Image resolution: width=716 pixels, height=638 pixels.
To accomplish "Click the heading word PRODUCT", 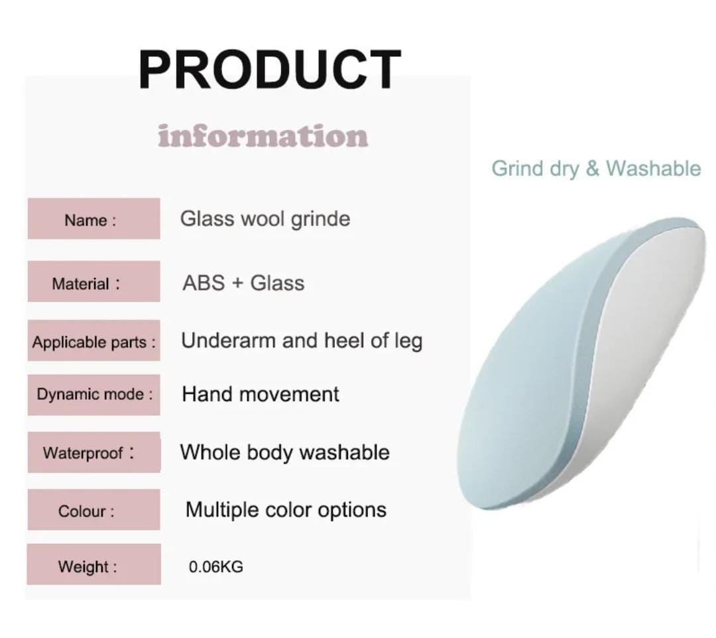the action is pyautogui.click(x=270, y=69).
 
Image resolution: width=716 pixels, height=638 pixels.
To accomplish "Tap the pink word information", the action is pyautogui.click(x=263, y=136).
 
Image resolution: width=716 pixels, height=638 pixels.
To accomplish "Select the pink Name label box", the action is pyautogui.click(x=94, y=219).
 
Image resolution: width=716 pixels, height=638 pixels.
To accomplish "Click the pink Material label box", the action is pyautogui.click(x=94, y=281).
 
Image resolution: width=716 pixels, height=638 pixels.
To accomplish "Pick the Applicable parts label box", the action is pyautogui.click(x=94, y=341).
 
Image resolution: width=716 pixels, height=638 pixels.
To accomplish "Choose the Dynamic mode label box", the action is pyautogui.click(x=94, y=395).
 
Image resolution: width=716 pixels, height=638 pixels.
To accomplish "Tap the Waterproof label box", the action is pyautogui.click(x=94, y=452).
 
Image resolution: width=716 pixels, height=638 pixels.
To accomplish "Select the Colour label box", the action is pyautogui.click(x=94, y=509).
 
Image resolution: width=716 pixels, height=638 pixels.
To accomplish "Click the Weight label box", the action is pyautogui.click(x=94, y=564).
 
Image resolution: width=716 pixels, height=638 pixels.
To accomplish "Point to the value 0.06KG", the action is pyautogui.click(x=216, y=567).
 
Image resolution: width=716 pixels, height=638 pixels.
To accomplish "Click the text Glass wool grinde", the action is pyautogui.click(x=265, y=220).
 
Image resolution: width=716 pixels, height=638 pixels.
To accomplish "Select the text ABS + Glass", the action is pyautogui.click(x=243, y=283).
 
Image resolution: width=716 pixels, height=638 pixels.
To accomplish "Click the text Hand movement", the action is pyautogui.click(x=261, y=394).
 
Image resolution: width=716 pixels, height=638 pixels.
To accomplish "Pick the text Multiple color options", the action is pyautogui.click(x=286, y=510).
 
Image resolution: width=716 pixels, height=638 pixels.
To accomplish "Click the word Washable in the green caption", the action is pyautogui.click(x=654, y=168).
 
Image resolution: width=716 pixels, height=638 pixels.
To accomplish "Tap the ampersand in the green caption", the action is pyautogui.click(x=592, y=168).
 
